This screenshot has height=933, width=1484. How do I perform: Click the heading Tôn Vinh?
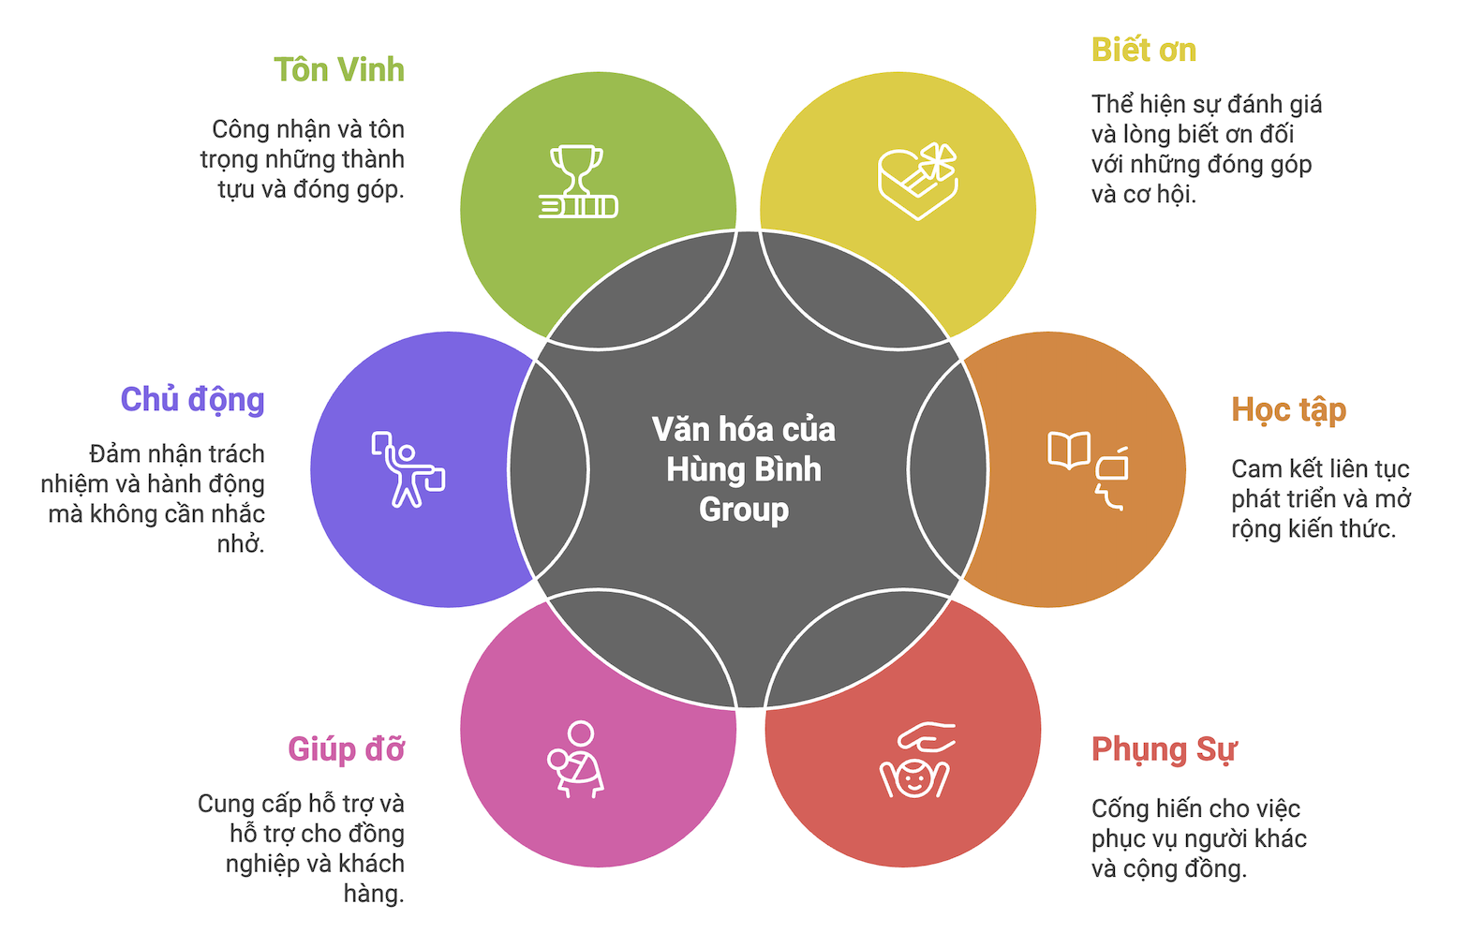(x=338, y=70)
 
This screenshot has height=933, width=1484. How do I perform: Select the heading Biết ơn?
(x=1143, y=51)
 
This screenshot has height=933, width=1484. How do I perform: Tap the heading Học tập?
(x=1288, y=410)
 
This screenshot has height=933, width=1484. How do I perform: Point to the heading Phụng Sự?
(x=1164, y=750)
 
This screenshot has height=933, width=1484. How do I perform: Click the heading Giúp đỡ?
(x=346, y=749)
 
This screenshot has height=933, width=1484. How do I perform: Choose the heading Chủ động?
(x=192, y=400)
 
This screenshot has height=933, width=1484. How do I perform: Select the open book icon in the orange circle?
(x=1069, y=450)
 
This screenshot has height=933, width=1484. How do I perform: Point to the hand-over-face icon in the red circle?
(x=915, y=760)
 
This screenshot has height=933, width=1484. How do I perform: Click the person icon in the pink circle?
(x=576, y=759)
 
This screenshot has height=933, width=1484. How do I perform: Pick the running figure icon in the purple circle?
(x=407, y=469)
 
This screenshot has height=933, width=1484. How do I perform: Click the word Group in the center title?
(x=744, y=510)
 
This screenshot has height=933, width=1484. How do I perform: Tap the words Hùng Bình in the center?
(x=744, y=469)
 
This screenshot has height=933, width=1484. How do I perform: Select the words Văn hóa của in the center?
(x=744, y=429)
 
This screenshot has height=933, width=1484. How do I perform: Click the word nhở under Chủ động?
(x=241, y=544)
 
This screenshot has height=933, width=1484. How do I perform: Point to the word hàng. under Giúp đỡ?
(x=374, y=894)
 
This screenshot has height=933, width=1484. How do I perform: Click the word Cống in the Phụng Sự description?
(x=1116, y=808)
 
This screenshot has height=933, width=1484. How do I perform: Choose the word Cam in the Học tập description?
(x=1255, y=468)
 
